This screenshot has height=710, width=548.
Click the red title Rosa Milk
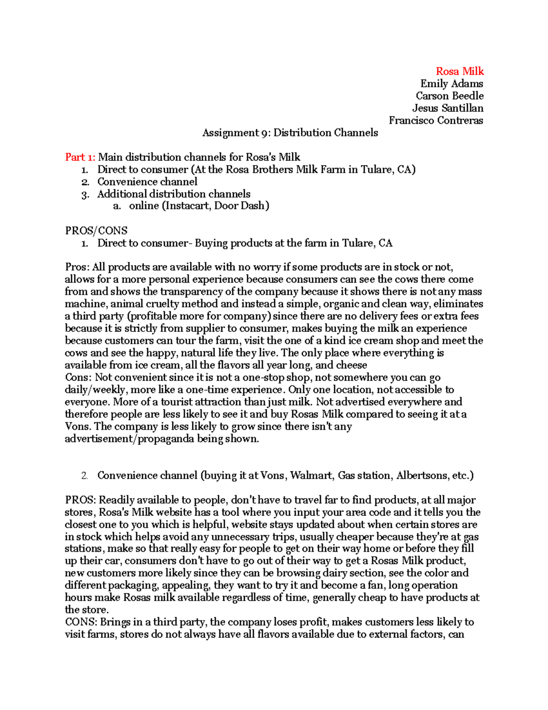coord(459,71)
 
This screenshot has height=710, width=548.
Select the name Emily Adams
coord(451,84)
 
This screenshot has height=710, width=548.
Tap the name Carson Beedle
coord(449,96)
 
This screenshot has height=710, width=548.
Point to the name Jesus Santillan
coord(448,108)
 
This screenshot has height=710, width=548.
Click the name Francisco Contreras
coord(436,121)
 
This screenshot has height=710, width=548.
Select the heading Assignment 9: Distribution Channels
coord(290,133)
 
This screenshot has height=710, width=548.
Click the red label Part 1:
coord(80,157)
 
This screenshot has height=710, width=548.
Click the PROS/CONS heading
coord(96,230)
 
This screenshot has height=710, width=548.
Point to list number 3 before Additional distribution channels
coord(84,194)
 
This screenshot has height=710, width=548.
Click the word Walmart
coord(311,475)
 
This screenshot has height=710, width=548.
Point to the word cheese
coord(351,365)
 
